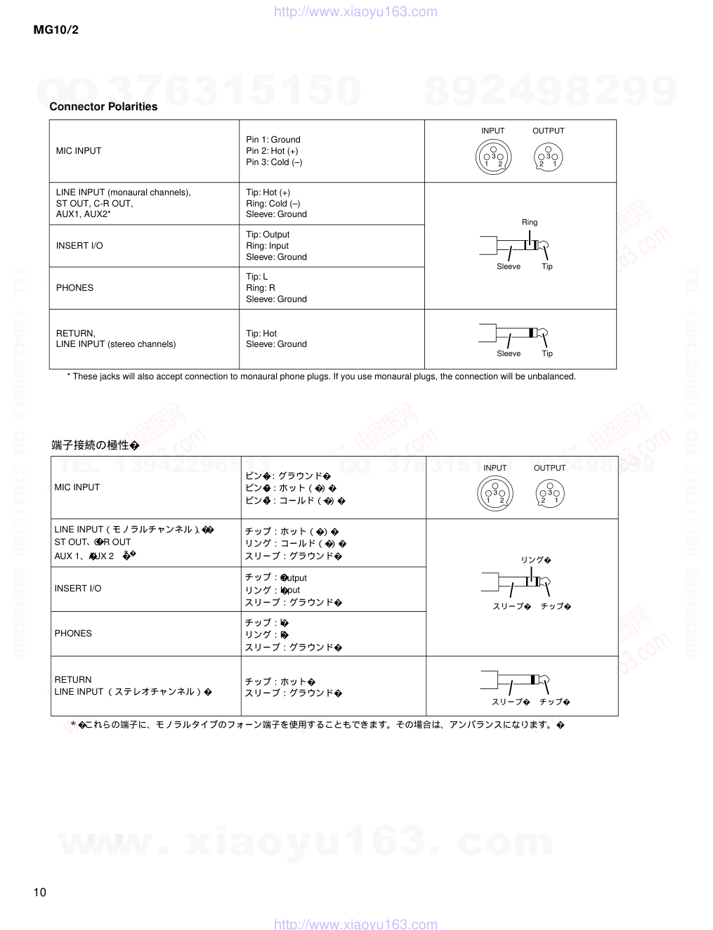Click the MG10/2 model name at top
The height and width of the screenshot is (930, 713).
(56, 30)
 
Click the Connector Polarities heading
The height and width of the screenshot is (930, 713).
(103, 107)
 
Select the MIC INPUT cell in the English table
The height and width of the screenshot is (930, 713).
(79, 151)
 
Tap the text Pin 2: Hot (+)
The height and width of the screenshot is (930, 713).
(272, 151)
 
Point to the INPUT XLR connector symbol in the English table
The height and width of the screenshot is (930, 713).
(493, 157)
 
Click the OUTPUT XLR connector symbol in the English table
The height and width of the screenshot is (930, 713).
(548, 157)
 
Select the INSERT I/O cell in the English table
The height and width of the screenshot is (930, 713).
(79, 246)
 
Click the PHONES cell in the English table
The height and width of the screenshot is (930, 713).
(74, 288)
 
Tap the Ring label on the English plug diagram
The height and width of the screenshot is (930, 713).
(530, 223)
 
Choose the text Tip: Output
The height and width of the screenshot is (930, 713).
(268, 235)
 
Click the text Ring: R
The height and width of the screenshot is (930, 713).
(261, 288)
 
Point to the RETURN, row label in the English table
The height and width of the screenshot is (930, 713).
(75, 334)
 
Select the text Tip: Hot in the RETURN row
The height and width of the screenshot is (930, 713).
(261, 334)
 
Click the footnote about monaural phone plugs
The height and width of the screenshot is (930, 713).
(321, 376)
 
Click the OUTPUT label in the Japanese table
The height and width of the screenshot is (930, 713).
(549, 468)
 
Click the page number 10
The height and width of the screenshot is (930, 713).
(40, 893)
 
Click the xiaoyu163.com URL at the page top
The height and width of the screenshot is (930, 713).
(355, 12)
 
